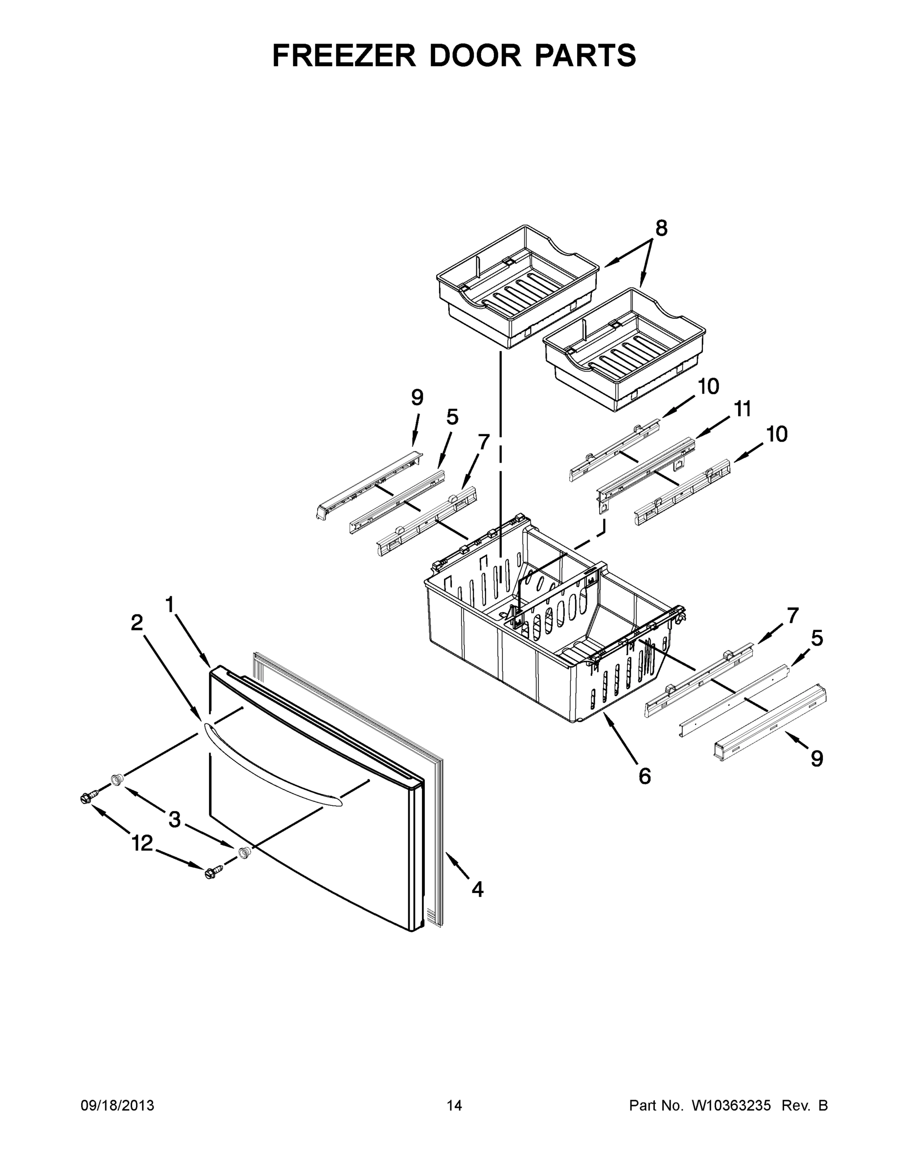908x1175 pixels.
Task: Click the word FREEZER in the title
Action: [344, 55]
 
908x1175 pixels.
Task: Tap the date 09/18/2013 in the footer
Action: [117, 1105]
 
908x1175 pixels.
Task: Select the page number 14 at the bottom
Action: [454, 1105]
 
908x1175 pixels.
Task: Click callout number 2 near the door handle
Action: [137, 623]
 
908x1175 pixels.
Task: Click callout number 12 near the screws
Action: [142, 843]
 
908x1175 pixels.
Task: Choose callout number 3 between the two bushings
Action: [174, 820]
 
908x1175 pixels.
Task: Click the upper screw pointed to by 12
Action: [88, 798]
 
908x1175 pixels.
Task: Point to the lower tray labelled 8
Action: [624, 350]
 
